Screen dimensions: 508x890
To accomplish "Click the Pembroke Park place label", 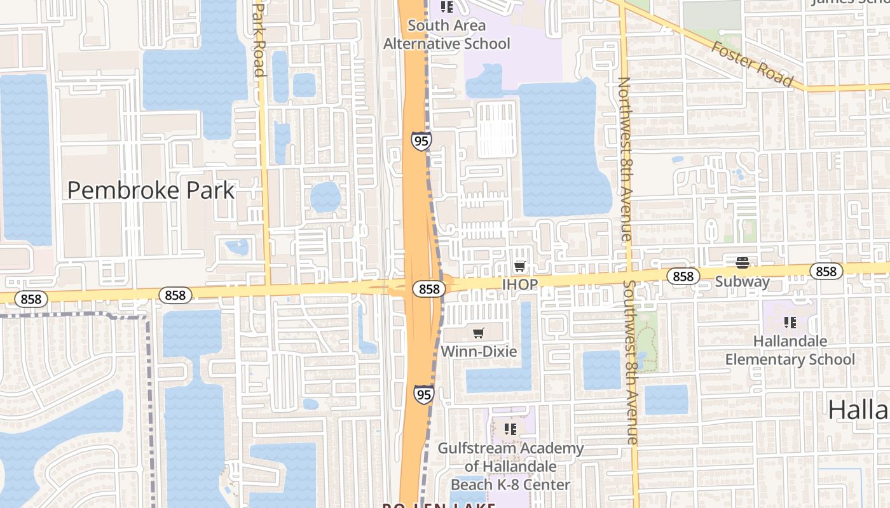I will click(x=151, y=190).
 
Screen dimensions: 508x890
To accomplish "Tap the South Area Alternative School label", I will click(x=446, y=35).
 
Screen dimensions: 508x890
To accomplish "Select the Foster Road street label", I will click(x=752, y=63).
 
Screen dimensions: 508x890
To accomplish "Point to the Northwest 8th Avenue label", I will click(x=624, y=159).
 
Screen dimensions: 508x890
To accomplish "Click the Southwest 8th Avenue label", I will click(x=631, y=362).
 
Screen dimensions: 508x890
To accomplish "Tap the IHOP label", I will click(x=520, y=284).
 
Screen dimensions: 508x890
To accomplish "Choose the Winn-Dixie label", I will click(x=479, y=351).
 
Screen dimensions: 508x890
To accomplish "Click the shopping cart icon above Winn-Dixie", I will click(x=479, y=333).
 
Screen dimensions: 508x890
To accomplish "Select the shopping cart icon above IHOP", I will click(x=520, y=267).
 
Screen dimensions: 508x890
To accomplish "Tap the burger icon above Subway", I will click(x=742, y=263).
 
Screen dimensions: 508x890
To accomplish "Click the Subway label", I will click(x=742, y=281).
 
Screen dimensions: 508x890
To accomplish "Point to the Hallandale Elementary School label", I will click(x=790, y=350).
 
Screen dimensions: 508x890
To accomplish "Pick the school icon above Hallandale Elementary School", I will click(x=790, y=323).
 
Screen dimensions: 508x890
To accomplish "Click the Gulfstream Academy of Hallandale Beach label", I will click(x=510, y=466).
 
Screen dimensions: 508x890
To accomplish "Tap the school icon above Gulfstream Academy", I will click(x=510, y=429).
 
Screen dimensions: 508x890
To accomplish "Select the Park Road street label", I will click(x=259, y=38).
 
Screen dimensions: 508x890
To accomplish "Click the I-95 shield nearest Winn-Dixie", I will click(x=424, y=394).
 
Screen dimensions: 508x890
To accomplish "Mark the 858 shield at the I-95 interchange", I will click(x=429, y=289).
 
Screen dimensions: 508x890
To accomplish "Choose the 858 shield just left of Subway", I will click(x=683, y=276).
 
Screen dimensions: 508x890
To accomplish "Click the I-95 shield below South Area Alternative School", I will click(x=420, y=141).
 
